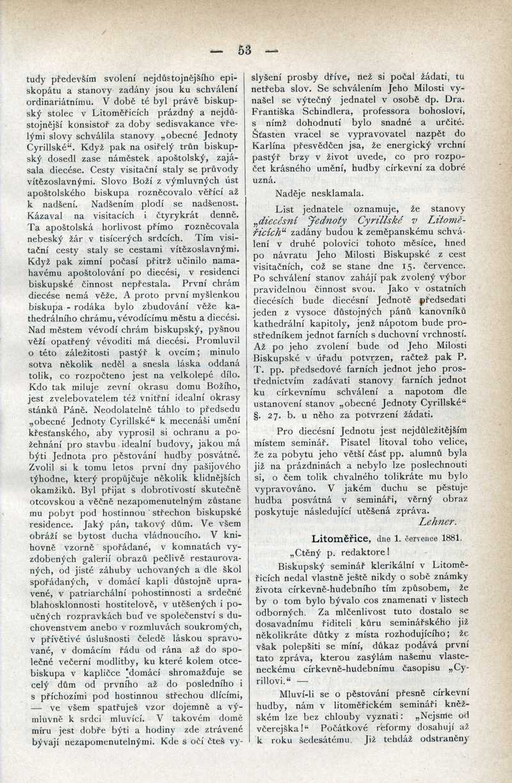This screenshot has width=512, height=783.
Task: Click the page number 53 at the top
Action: (x=244, y=50)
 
